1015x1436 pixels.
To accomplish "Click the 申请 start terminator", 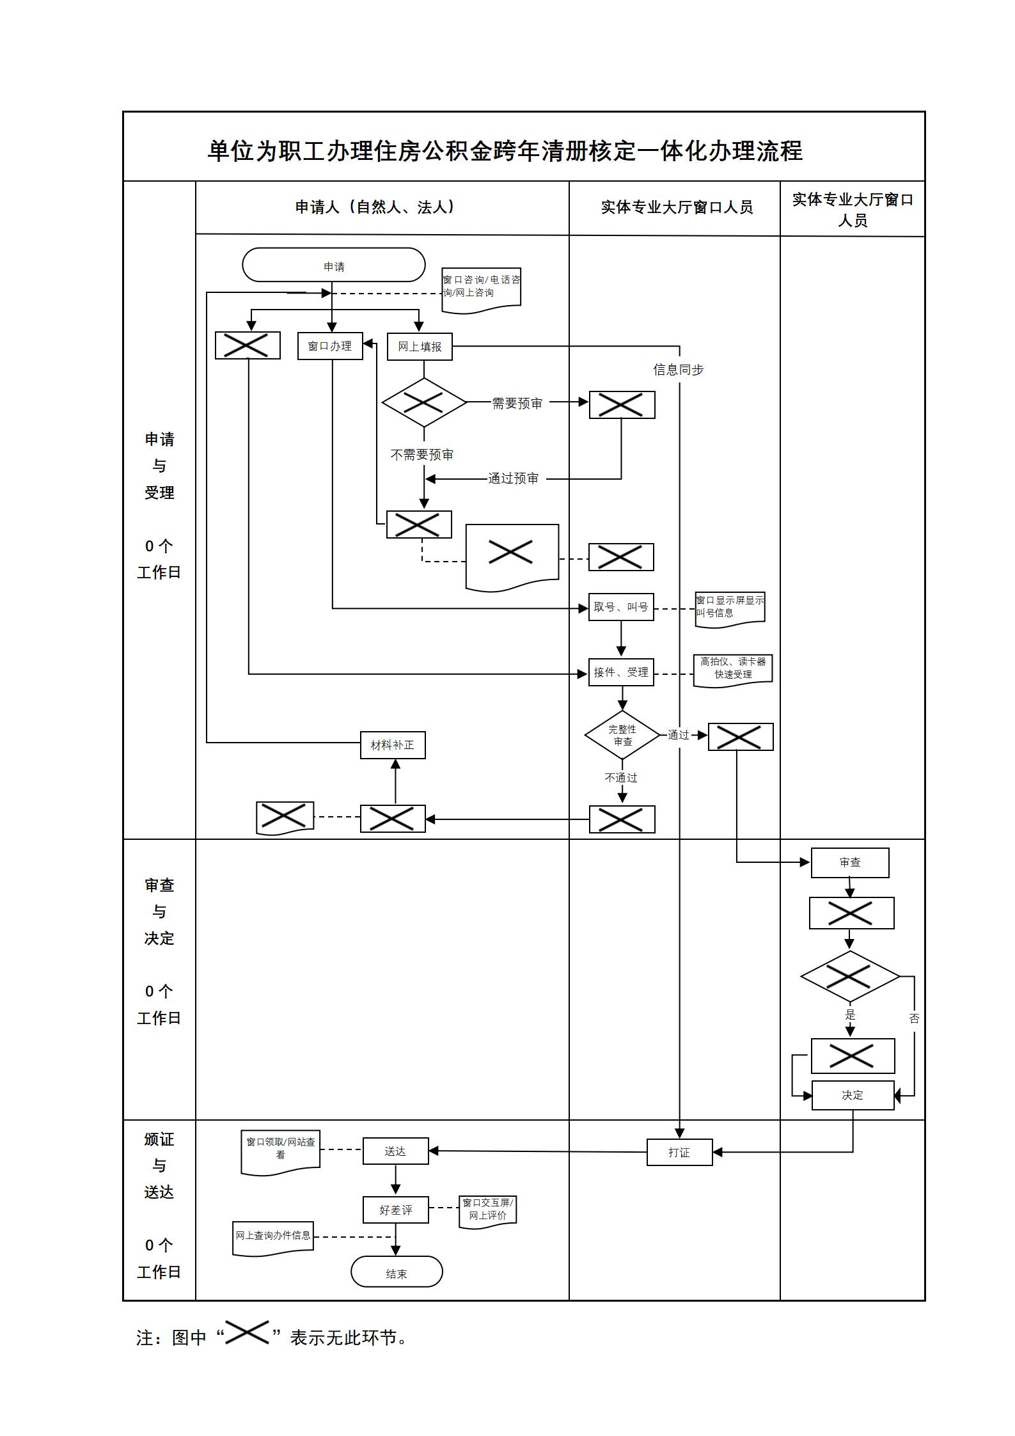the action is pyautogui.click(x=333, y=265).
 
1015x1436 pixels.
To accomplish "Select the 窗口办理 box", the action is pyautogui.click(x=330, y=346).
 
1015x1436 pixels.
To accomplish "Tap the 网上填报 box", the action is pyautogui.click(x=420, y=346).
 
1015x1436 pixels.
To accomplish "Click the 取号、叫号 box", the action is pyautogui.click(x=621, y=607).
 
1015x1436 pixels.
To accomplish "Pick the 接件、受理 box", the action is pyautogui.click(x=621, y=672).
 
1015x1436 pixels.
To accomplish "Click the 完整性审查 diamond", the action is pyautogui.click(x=622, y=735).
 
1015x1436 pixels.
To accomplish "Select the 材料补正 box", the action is pyautogui.click(x=393, y=745).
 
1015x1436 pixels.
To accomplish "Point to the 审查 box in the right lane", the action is pyautogui.click(x=850, y=863).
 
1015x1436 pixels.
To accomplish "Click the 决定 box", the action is pyautogui.click(x=853, y=1096).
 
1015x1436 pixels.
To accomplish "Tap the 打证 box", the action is pyautogui.click(x=679, y=1153).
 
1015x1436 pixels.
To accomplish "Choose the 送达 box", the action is pyautogui.click(x=395, y=1151).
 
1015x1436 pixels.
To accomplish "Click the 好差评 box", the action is pyautogui.click(x=395, y=1210).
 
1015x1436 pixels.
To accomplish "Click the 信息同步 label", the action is pyautogui.click(x=679, y=370).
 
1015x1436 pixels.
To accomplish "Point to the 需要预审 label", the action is pyautogui.click(x=517, y=404).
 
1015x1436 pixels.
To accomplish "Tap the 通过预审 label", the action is pyautogui.click(x=514, y=478).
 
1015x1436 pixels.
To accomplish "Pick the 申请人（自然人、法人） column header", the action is pyautogui.click(x=375, y=207).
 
